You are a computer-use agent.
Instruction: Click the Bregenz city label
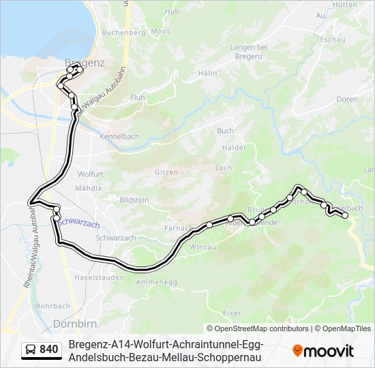84,63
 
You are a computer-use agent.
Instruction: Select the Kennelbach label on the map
119,136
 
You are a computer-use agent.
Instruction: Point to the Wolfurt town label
90,174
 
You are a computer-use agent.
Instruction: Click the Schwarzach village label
115,238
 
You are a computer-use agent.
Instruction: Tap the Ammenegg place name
156,281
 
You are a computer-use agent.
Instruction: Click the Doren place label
347,99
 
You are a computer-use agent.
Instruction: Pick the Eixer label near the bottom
232,313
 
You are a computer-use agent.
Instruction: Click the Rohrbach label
53,306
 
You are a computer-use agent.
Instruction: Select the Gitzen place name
166,173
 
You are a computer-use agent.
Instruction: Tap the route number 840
49,350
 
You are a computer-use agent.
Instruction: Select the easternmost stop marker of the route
345,215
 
